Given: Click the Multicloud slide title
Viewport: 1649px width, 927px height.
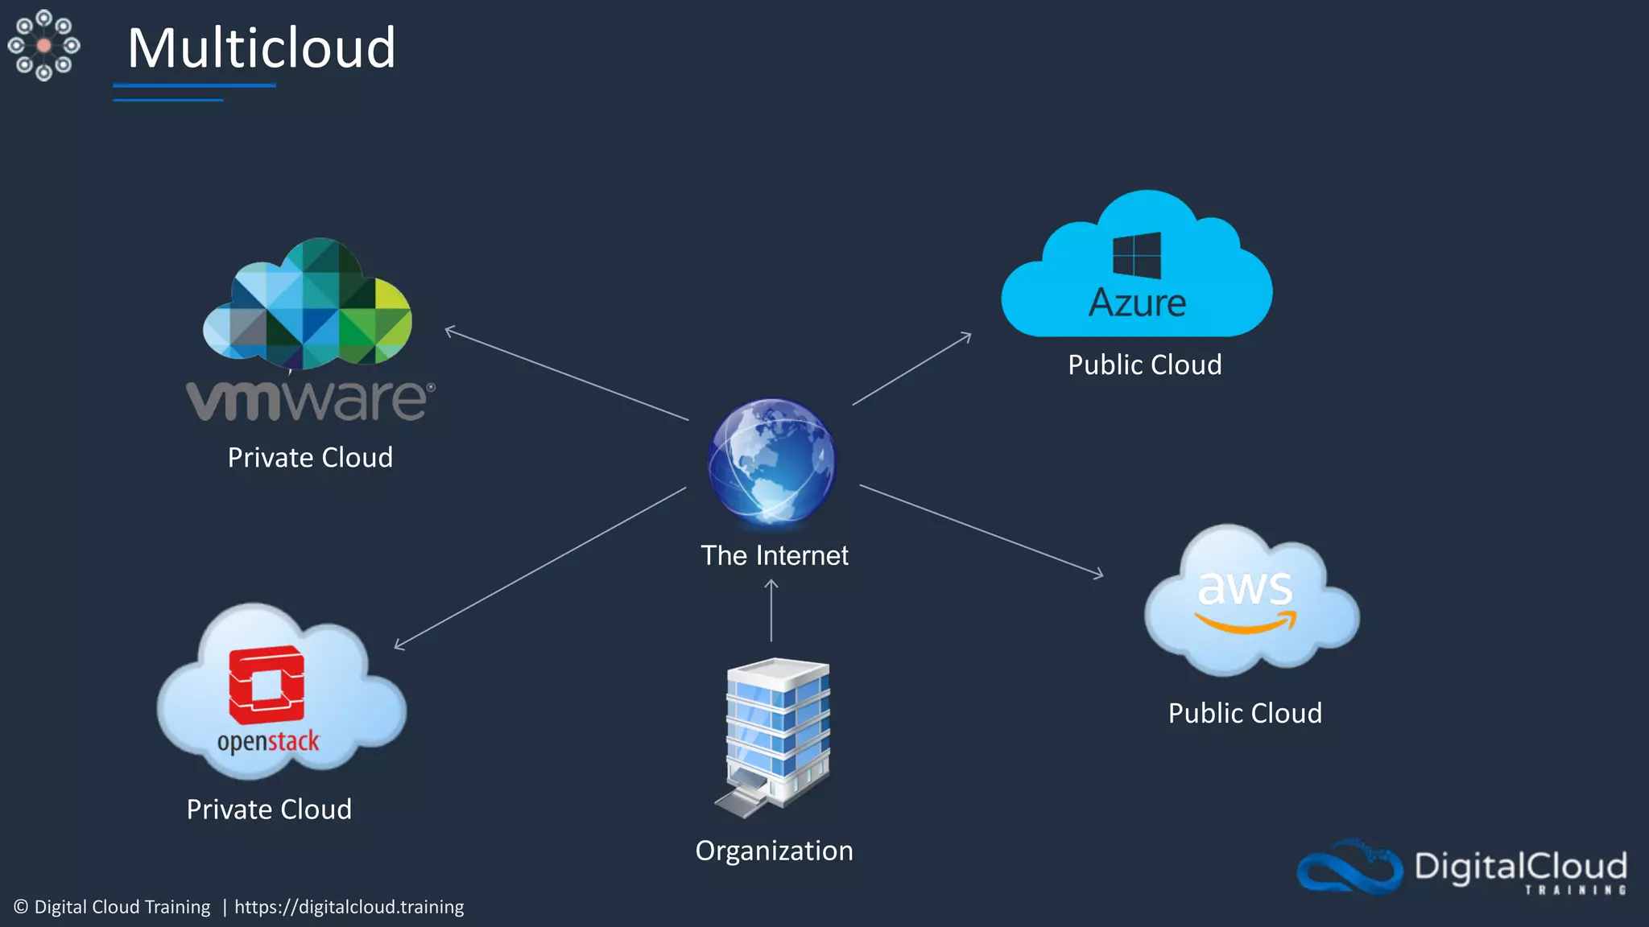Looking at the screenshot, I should click(262, 48).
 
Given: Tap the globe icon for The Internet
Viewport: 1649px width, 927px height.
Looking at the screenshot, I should click(772, 461).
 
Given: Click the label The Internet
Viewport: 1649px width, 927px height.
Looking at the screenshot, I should click(774, 555).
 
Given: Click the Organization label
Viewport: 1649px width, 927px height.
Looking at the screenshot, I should click(774, 851).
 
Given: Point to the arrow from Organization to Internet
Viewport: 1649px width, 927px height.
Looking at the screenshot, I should click(771, 612).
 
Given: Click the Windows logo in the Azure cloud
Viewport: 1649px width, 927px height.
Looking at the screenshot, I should click(1137, 255).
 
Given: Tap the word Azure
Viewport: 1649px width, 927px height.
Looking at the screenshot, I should click(1137, 303).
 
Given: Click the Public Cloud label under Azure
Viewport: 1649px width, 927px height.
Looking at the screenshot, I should click(1144, 365).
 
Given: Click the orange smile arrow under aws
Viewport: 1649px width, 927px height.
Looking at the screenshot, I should click(1246, 623).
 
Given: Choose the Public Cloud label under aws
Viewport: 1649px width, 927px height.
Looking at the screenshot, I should click(1245, 713).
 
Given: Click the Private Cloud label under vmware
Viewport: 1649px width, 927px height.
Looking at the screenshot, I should click(310, 457).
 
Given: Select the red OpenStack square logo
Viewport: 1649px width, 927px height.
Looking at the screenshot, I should click(267, 686).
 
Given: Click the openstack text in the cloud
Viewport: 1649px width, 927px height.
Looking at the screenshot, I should click(268, 741).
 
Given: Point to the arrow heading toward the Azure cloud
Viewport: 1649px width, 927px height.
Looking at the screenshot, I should click(911, 369).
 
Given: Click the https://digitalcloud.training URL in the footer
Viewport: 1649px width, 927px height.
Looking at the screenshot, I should click(349, 907).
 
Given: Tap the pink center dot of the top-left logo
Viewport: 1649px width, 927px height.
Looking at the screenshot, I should click(44, 46).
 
